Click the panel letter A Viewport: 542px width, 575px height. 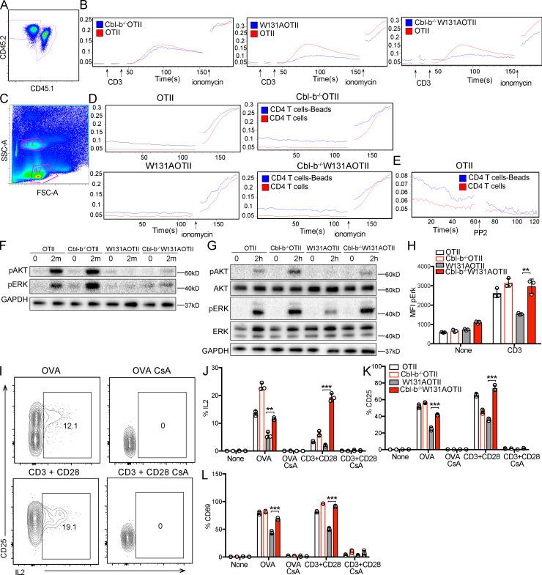coord(6,6)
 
